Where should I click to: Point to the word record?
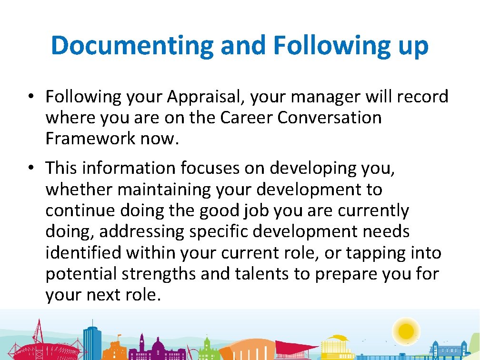421,97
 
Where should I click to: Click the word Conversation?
330,118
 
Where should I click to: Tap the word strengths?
158,274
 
